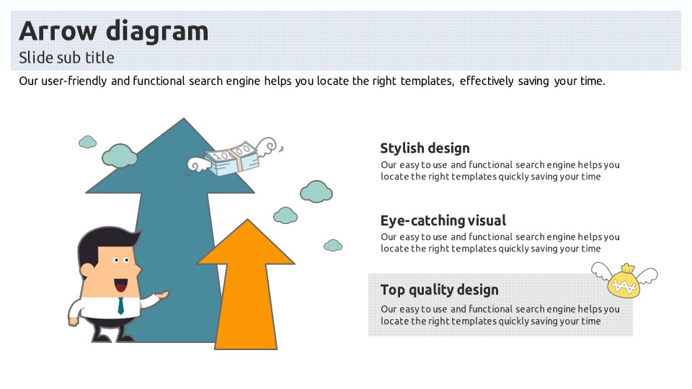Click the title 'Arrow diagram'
[113, 31]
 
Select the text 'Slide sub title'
[66, 58]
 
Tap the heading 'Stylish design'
[425, 148]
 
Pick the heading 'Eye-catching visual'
[443, 220]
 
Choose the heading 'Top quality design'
[439, 290]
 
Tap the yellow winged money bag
[624, 282]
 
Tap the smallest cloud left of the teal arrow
[87, 142]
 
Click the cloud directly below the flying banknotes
[316, 191]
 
